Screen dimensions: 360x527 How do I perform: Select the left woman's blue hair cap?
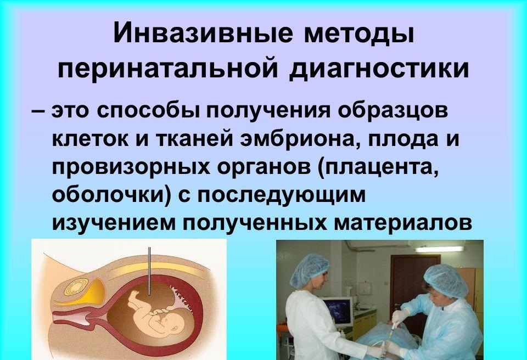click(x=309, y=271)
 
